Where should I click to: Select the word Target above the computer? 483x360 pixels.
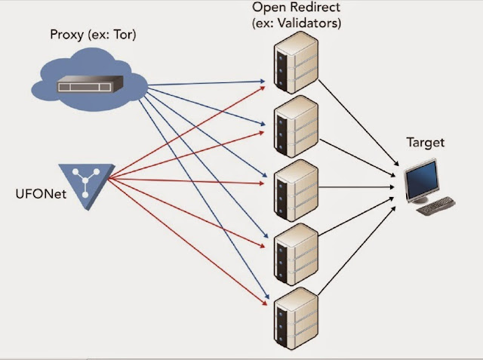(x=426, y=142)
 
